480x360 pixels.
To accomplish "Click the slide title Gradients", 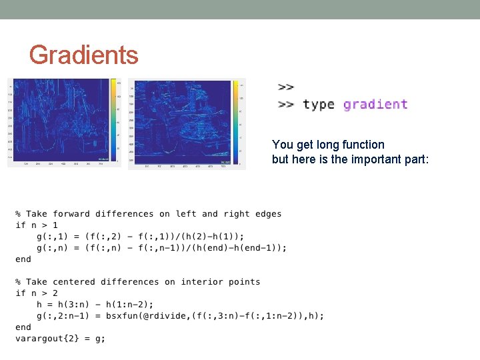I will (x=83, y=55).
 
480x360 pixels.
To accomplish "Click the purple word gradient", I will (x=375, y=104).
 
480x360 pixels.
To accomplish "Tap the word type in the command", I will (x=318, y=105).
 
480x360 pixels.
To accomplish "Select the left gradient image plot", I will (x=61, y=120).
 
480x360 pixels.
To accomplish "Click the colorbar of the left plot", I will (x=114, y=120).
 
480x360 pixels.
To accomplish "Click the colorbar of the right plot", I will (x=236, y=121).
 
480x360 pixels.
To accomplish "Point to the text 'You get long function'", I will (x=328, y=145).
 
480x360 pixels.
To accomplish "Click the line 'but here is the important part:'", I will (x=350, y=159).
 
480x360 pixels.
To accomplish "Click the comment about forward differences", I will (x=149, y=214).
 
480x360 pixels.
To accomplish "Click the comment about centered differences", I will (x=138, y=282).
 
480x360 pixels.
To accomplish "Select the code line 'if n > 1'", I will (x=37, y=225).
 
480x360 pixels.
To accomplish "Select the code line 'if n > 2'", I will (x=37, y=293).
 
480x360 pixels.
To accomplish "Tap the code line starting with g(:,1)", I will (x=141, y=237).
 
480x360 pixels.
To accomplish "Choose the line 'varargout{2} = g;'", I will (x=60, y=339).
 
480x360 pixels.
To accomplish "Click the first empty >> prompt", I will (x=285, y=87).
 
